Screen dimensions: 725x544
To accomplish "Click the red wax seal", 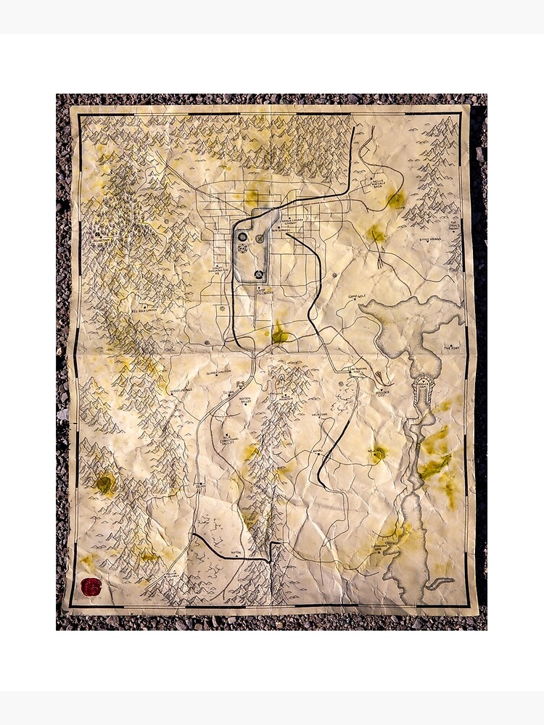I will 91,587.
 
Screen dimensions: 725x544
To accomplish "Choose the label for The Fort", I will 452,348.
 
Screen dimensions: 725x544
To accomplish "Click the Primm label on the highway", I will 200,484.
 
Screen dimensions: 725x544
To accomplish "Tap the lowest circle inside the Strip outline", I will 259,274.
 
